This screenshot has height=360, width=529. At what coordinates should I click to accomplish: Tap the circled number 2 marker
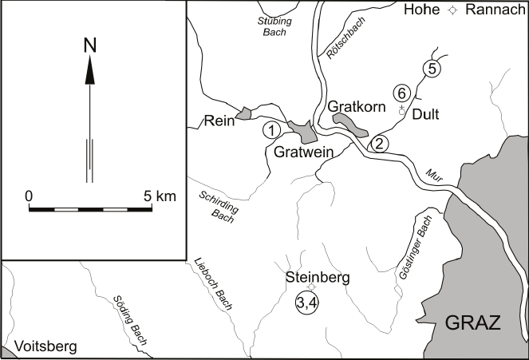click(380, 144)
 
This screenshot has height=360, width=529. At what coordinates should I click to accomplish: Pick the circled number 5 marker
click(431, 68)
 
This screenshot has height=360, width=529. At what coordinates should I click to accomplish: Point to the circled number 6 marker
click(403, 93)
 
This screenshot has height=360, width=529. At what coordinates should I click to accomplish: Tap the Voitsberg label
click(39, 347)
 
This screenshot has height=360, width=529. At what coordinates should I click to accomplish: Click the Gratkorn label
click(357, 106)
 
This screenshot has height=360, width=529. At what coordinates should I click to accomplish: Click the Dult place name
click(427, 114)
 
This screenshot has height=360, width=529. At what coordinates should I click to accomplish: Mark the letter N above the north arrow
click(90, 47)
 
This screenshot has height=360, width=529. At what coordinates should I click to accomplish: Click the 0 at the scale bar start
click(29, 195)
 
